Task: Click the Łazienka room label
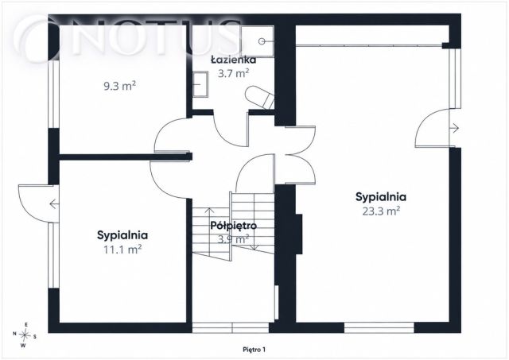pyautogui.click(x=233, y=60)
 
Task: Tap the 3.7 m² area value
pyautogui.click(x=233, y=73)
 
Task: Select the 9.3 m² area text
pyautogui.click(x=119, y=87)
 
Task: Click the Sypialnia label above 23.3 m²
pyautogui.click(x=381, y=197)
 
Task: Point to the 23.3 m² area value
pyautogui.click(x=381, y=211)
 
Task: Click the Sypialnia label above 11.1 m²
pyautogui.click(x=122, y=235)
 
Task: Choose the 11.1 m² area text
pyautogui.click(x=122, y=250)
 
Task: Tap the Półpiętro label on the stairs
pyautogui.click(x=233, y=226)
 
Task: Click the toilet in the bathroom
pyautogui.click(x=260, y=97)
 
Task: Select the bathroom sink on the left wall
pyautogui.click(x=200, y=84)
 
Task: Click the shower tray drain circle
pyautogui.click(x=262, y=41)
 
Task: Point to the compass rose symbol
pyautogui.click(x=25, y=335)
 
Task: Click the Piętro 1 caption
pyautogui.click(x=254, y=350)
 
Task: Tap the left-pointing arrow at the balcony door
pyautogui.click(x=54, y=204)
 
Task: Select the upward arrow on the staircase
pyautogui.click(x=210, y=231)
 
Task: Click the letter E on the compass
pyautogui.click(x=26, y=325)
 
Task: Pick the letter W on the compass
pyautogui.click(x=23, y=346)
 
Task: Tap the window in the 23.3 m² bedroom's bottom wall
pyautogui.click(x=379, y=327)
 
